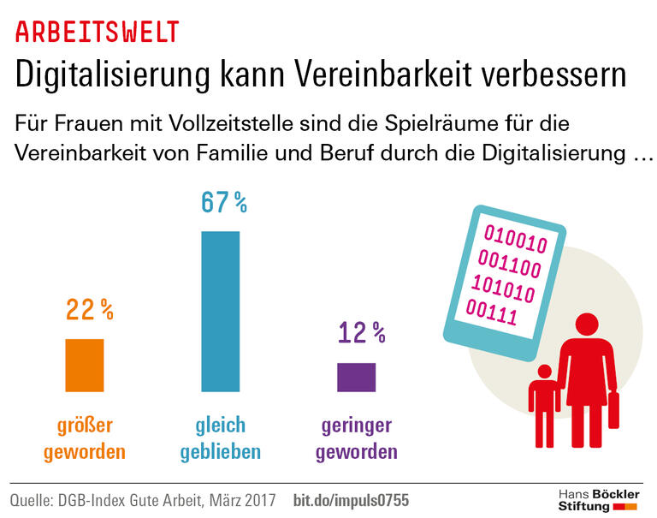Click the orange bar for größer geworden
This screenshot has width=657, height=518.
coord(84,366)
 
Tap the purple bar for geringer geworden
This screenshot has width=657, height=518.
coord(356,378)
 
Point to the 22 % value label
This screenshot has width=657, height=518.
coord(90,310)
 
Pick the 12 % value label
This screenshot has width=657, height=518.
coord(361,332)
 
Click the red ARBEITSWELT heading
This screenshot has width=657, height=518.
coord(98,32)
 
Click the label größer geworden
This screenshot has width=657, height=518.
coord(85,438)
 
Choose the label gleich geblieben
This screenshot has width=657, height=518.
coord(221,438)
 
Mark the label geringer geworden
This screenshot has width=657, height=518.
coord(357,438)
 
